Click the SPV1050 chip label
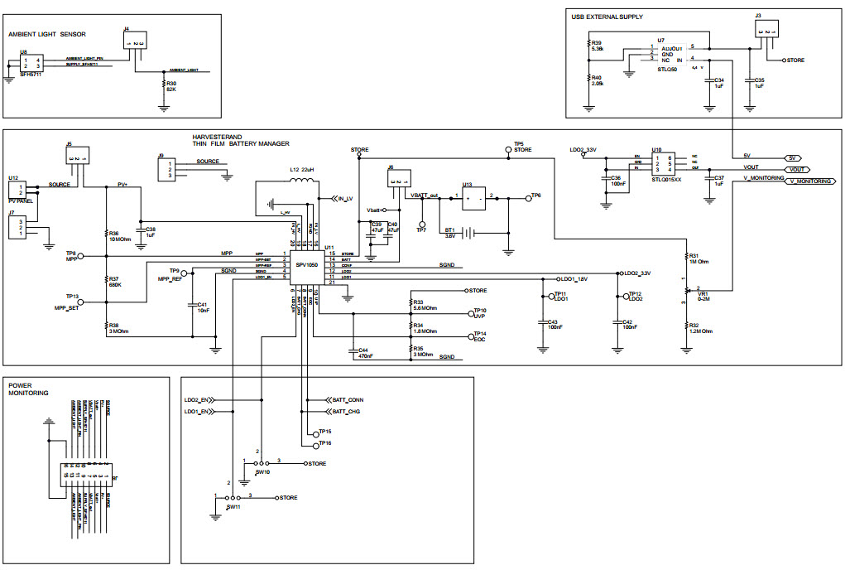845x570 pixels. pos(307,265)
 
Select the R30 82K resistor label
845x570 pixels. pos(171,86)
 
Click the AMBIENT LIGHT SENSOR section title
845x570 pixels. pos(47,34)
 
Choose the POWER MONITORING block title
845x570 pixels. pos(28,389)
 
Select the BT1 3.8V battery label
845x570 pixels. pos(450,233)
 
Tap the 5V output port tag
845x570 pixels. pos(793,157)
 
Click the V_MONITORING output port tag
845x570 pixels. pos(809,181)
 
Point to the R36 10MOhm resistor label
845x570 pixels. pos(119,236)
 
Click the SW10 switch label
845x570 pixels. pos(262,471)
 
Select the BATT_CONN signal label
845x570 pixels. pos(347,399)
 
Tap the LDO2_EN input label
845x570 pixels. pos(195,399)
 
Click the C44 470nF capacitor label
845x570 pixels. pos(365,353)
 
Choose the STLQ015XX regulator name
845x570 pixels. pos(667,178)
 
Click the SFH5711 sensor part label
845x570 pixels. pos(31,75)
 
